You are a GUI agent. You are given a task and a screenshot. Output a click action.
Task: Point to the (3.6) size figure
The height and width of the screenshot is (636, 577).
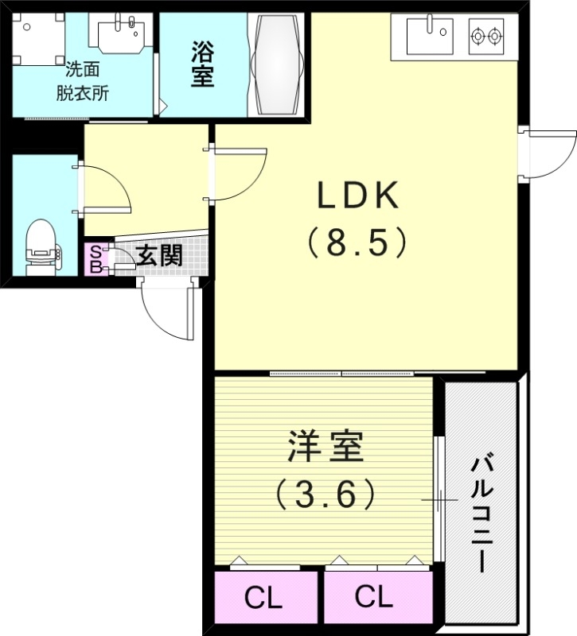(x=326, y=495)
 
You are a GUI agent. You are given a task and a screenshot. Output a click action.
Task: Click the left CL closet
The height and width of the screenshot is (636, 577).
(x=263, y=599)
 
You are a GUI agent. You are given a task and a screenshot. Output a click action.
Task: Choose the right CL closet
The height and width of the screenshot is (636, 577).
(x=374, y=599)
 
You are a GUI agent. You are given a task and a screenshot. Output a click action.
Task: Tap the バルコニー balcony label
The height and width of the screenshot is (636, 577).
(x=481, y=513)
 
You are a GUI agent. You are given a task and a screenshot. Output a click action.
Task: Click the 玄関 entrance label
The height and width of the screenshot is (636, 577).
(x=159, y=256)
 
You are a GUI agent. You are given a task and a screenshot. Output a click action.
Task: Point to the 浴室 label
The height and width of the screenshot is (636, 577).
(x=202, y=65)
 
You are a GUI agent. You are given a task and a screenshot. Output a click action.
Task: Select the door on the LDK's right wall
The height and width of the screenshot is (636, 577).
(x=549, y=153)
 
